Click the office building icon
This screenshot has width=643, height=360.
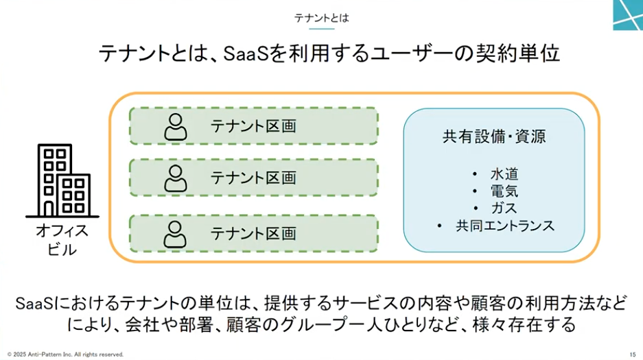pos(62,180)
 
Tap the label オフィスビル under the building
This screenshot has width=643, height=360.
pos(62,240)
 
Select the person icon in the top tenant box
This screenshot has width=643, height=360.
pos(176,127)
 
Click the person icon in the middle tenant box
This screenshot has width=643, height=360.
pos(176,178)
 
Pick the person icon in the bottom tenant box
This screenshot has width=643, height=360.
pos(175,235)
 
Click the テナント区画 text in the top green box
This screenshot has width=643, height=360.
pos(253,126)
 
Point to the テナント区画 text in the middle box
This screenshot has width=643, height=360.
pos(253,178)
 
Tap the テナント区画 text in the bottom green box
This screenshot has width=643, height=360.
pos(253,233)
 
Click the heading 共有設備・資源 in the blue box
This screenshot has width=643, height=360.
pos(494,136)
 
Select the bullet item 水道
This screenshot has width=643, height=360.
pos(504,174)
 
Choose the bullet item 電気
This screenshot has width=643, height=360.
pos(504,191)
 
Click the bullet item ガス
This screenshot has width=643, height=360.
pos(504,208)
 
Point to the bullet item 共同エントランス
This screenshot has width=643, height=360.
pos(505,226)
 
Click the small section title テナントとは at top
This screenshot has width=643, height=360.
pos(321,18)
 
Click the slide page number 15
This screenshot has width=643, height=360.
pos(633,355)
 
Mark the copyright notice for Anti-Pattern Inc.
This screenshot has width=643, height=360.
pos(65,355)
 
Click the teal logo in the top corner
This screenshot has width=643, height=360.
pos(628,15)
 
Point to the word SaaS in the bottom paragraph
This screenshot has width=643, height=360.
pos(34,304)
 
